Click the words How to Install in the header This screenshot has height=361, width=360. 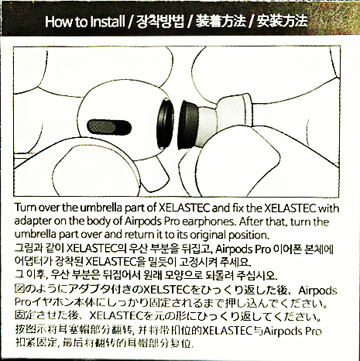click(85, 22)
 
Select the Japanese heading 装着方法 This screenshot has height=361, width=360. click(221, 21)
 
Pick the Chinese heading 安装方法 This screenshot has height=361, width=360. click(282, 21)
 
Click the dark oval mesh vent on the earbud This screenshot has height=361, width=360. click(109, 127)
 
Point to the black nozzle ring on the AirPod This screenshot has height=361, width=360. click(166, 124)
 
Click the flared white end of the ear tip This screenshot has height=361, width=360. click(246, 110)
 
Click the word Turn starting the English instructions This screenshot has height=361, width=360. click(24, 208)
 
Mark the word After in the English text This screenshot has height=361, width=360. click(251, 222)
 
